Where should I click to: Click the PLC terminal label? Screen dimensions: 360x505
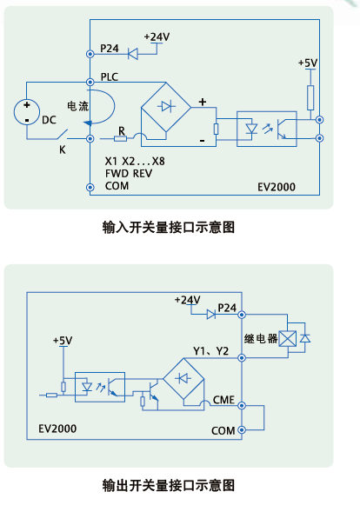click(x=110, y=76)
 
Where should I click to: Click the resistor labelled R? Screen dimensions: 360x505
click(x=120, y=138)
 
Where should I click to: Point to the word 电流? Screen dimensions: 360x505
click(x=77, y=106)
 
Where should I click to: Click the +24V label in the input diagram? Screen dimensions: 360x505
click(x=157, y=37)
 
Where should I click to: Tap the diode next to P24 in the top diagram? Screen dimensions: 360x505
click(x=132, y=54)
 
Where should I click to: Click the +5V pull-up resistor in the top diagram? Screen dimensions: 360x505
click(x=310, y=97)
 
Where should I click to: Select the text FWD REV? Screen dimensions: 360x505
click(x=129, y=174)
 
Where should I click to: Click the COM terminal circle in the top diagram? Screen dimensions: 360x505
click(x=90, y=187)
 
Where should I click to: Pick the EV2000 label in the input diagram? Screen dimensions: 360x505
click(x=277, y=187)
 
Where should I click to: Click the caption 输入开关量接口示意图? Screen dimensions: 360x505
click(x=169, y=227)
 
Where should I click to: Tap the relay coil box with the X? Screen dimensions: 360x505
click(x=288, y=338)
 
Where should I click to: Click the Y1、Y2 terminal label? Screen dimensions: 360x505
click(x=210, y=351)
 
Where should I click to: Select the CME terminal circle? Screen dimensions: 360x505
click(x=242, y=406)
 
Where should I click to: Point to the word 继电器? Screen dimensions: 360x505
click(x=261, y=338)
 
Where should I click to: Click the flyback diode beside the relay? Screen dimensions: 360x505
click(x=305, y=338)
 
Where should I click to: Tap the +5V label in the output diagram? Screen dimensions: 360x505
click(x=63, y=341)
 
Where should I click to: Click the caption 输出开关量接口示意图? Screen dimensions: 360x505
click(x=169, y=485)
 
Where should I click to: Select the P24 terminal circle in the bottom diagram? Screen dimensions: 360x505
click(x=242, y=315)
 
